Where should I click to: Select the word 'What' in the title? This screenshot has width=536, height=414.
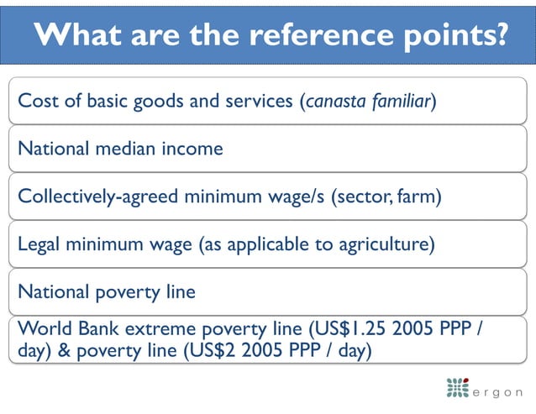click(x=79, y=34)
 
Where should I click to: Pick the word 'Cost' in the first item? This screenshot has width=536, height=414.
click(x=36, y=102)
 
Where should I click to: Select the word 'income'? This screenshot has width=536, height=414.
click(x=194, y=149)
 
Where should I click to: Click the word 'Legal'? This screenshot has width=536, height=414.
click(x=40, y=245)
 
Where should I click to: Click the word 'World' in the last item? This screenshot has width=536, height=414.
click(x=42, y=328)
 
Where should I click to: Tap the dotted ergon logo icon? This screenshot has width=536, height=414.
click(x=458, y=389)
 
